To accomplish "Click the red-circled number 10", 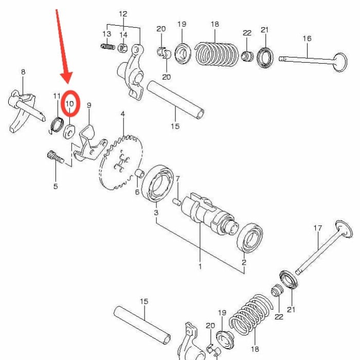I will pos(69,103).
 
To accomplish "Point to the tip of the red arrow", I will pos(66,82).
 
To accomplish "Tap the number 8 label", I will pos(23,73).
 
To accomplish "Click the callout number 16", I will pos(307,39).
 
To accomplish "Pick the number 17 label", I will pos(318,228).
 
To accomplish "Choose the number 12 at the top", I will pos(123,14).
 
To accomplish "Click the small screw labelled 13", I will pos(107,47).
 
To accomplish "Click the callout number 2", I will pos(244,262).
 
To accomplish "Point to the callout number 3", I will pos(156,212).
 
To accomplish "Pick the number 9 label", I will pos(89,105).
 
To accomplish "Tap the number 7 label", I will pos(177,179).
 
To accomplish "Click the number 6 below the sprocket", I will pos(137,192).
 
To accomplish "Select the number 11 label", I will pos(57,96).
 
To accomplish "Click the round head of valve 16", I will pos(340,62).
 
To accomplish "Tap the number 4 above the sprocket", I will pos(122,114).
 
